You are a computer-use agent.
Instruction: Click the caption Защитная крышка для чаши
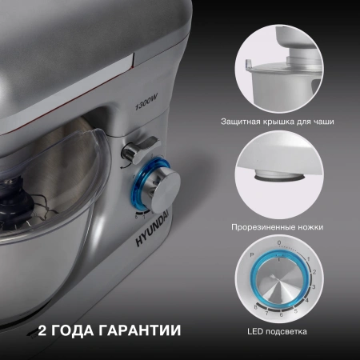278,122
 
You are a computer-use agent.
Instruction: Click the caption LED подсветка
278,330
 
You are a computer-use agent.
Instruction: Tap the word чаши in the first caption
322,122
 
